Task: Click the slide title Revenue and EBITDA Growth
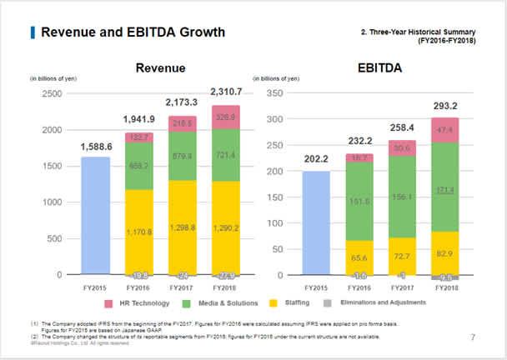133,32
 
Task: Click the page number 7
472,337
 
